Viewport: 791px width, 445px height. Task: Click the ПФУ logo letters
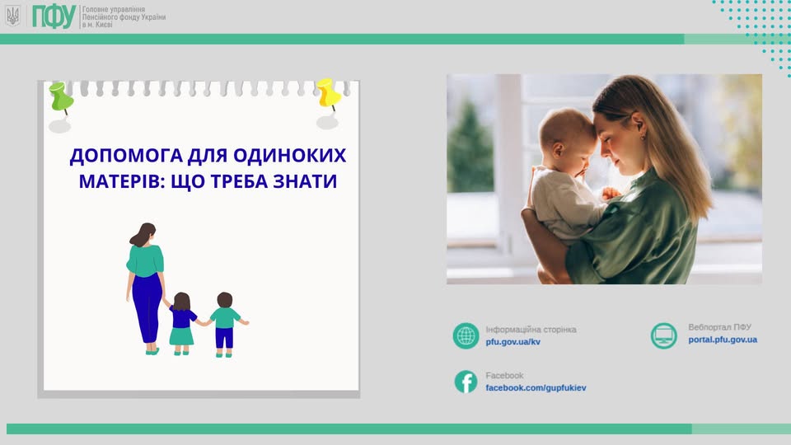click(x=54, y=16)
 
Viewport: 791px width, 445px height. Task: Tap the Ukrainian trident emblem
click(x=13, y=16)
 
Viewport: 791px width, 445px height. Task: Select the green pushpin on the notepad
click(x=61, y=97)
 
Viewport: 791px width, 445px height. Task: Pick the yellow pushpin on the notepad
click(x=329, y=94)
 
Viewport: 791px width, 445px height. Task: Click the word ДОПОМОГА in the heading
click(x=126, y=156)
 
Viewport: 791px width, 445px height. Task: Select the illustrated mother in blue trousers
click(x=146, y=288)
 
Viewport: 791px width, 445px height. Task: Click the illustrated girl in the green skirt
click(x=181, y=323)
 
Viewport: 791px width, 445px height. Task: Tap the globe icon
click(x=466, y=335)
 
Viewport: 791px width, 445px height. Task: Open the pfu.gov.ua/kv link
click(x=513, y=341)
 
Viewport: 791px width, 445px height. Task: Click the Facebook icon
click(x=466, y=382)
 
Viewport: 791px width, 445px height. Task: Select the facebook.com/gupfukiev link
click(x=536, y=388)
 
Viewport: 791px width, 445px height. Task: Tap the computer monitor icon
click(x=664, y=335)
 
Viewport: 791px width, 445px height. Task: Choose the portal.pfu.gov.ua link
click(x=723, y=340)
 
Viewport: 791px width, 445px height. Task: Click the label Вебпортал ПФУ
click(x=720, y=327)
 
